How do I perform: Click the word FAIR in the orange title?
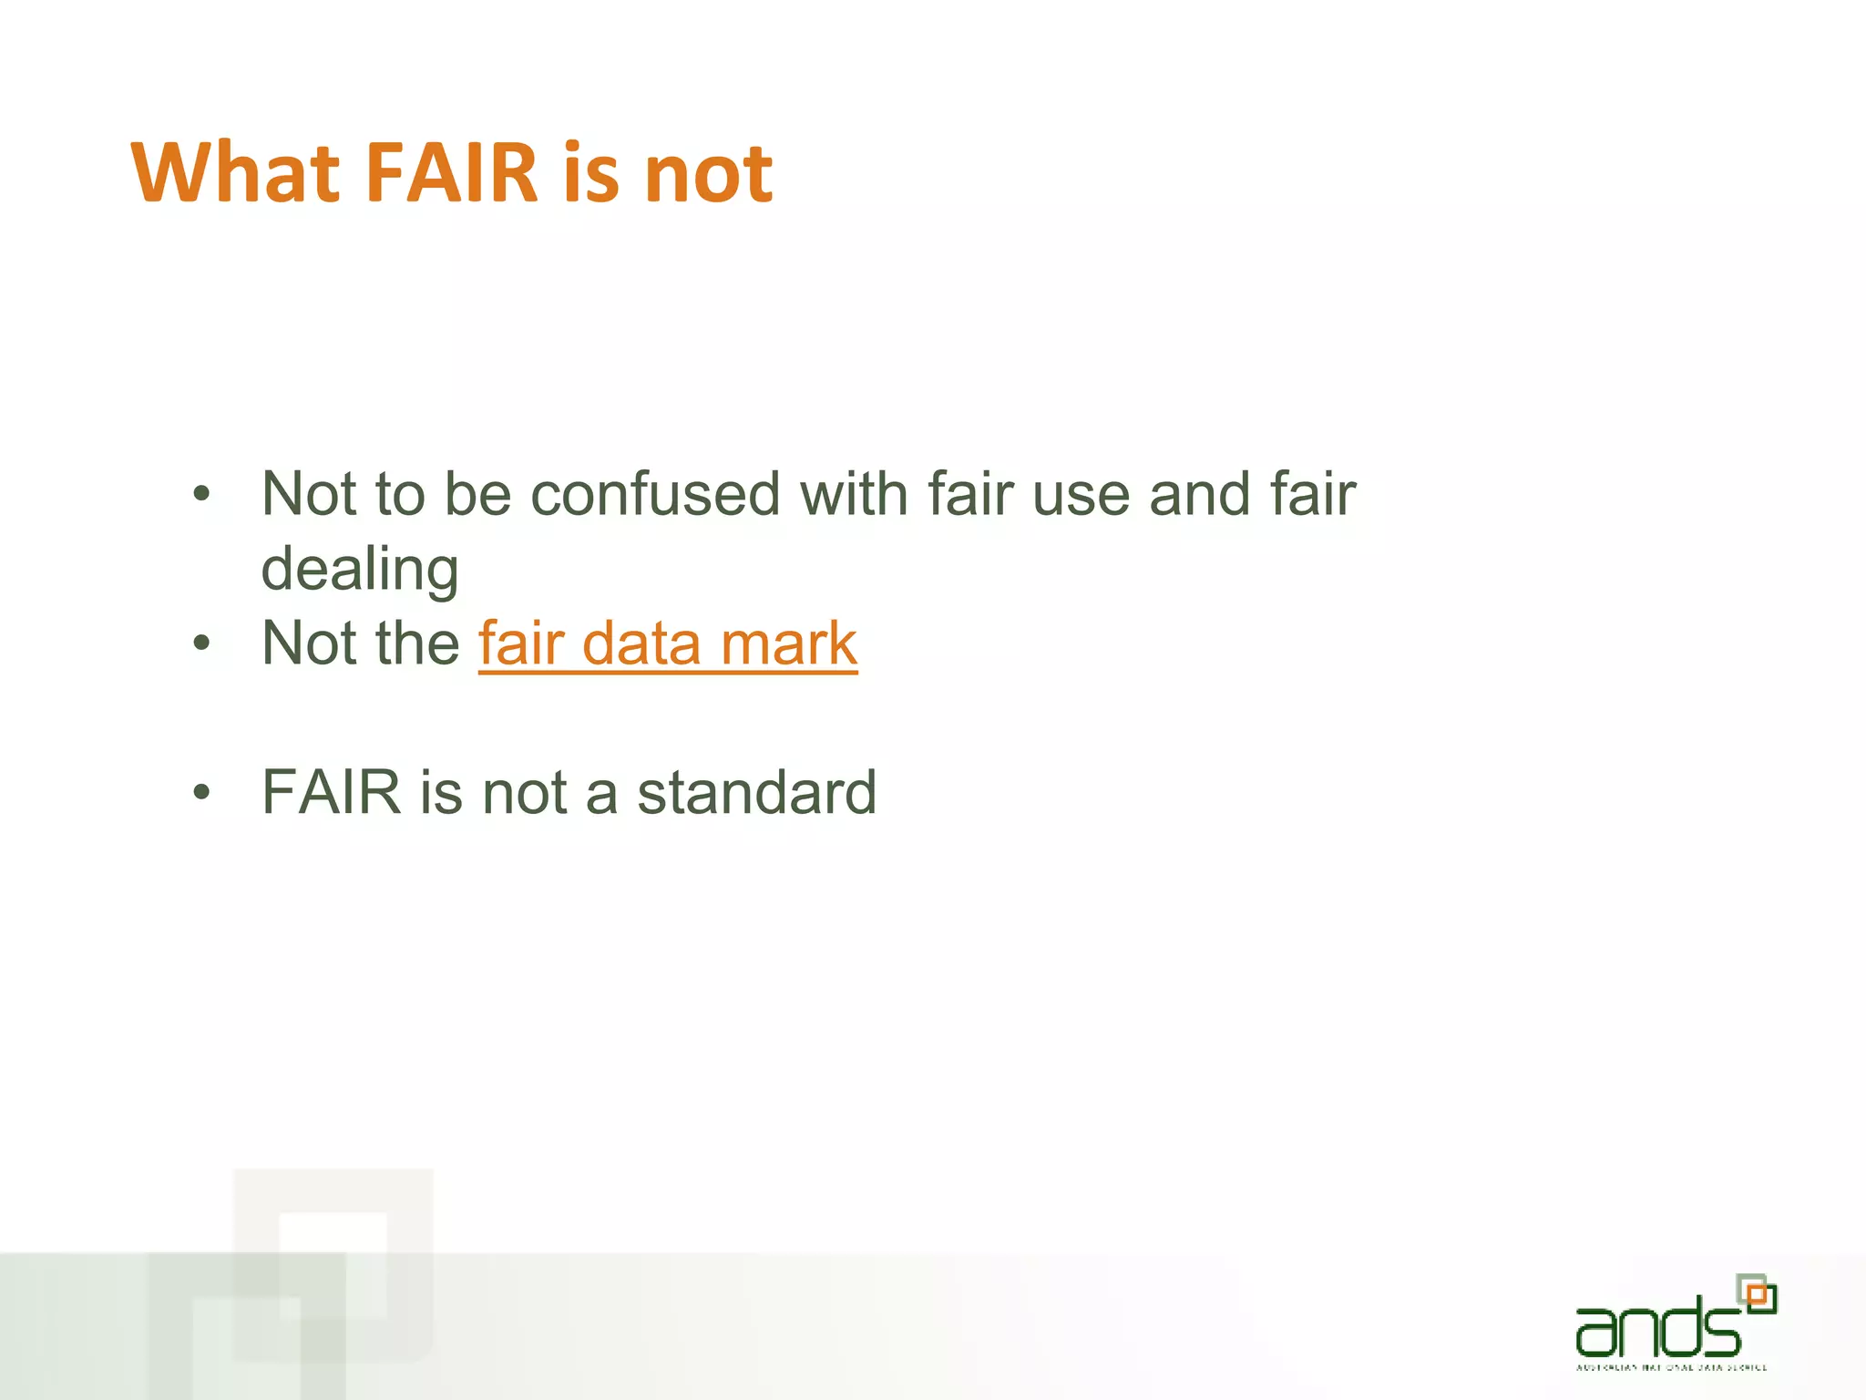[x=452, y=173]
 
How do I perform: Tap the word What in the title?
[x=234, y=173]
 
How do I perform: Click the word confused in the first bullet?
[x=656, y=494]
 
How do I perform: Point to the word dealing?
[x=360, y=569]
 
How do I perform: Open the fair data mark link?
[x=668, y=643]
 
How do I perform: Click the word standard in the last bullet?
[x=756, y=792]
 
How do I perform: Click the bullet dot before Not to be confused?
[x=201, y=496]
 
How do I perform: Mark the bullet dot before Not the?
[x=201, y=644]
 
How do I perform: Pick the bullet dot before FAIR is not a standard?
[x=201, y=793]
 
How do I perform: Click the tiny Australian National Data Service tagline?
[x=1671, y=1367]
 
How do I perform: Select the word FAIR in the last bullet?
[x=332, y=792]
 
